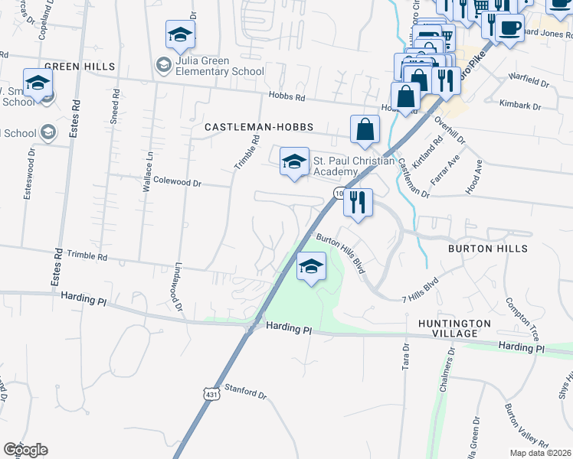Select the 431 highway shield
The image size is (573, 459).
click(211, 394)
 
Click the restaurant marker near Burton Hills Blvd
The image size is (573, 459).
click(357, 203)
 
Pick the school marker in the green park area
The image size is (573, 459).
click(311, 267)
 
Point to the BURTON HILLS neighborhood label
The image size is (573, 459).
click(488, 249)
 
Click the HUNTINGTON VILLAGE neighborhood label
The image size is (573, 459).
click(454, 329)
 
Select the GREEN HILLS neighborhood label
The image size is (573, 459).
click(79, 67)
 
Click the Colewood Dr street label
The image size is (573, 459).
click(177, 183)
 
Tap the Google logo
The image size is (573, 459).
click(25, 450)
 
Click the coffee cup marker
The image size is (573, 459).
click(509, 28)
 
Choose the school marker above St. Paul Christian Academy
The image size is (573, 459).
click(293, 161)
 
